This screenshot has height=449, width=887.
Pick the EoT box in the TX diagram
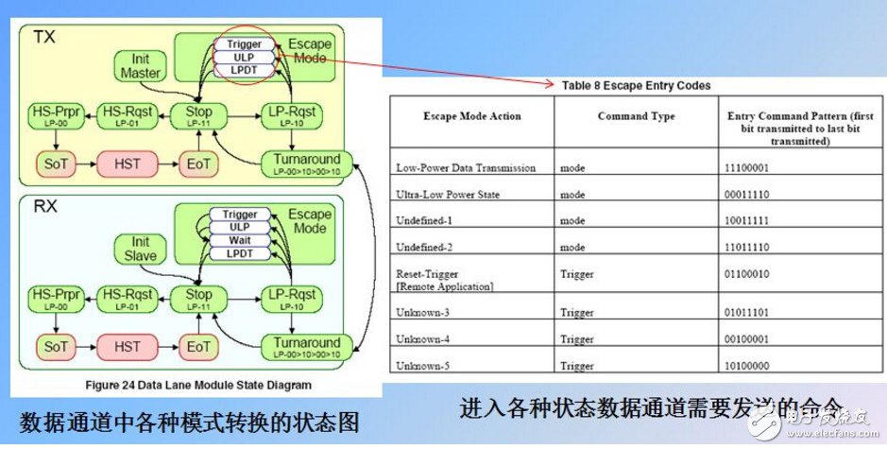tap(198, 164)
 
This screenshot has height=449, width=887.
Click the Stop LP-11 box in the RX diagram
tap(198, 296)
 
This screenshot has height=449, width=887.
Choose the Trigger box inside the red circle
tap(245, 43)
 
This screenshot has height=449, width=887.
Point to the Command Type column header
tap(636, 116)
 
